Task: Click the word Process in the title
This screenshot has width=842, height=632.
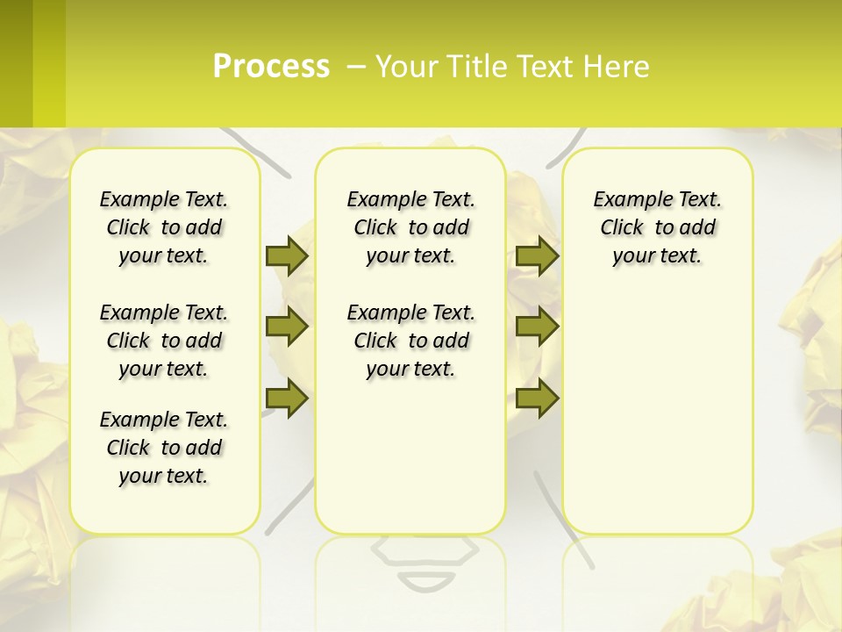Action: coord(271,66)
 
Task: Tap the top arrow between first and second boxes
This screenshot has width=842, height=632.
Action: coord(287,255)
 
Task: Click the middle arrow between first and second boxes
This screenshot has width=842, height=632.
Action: coord(287,327)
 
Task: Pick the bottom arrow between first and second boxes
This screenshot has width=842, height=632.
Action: coord(287,398)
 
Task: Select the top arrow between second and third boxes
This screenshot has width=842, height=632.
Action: coord(537,255)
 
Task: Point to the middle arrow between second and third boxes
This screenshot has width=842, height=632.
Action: coord(537,327)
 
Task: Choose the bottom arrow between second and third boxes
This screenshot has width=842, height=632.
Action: coord(537,398)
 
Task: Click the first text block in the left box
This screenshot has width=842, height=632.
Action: coord(164,227)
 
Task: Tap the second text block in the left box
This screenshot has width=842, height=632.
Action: coord(164,341)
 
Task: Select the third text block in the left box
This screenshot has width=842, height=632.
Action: coord(164,448)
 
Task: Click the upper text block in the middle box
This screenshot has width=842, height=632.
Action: coord(410,227)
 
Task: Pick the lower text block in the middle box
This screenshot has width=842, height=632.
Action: coord(410,341)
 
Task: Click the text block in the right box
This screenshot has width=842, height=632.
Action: coord(657,227)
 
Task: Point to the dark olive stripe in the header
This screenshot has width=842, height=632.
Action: coord(16,63)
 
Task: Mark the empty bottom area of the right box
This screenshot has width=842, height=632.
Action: coord(657,421)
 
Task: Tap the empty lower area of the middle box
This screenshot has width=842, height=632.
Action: coord(410,456)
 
